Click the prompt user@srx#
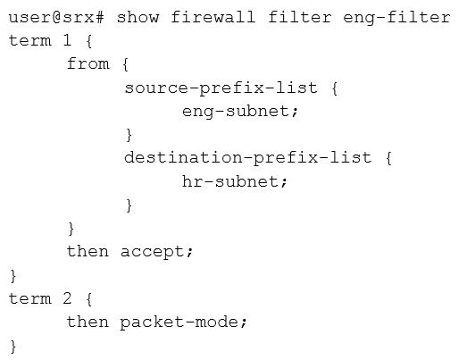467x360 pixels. click(56, 17)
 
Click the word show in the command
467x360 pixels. click(138, 17)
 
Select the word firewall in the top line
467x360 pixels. click(213, 17)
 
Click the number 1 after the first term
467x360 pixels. click(67, 40)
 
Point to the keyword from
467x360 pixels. click(88, 63)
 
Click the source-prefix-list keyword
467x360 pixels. click(221, 88)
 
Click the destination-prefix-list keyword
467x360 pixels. click(248, 158)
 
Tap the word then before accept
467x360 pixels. click(88, 251)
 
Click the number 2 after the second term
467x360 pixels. click(67, 298)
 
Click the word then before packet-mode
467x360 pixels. click(88, 322)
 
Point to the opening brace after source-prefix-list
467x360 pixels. click(335, 88)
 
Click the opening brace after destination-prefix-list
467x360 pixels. click(388, 158)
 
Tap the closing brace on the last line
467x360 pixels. click(13, 347)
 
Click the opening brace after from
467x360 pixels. click(126, 64)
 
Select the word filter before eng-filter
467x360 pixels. click(300, 17)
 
